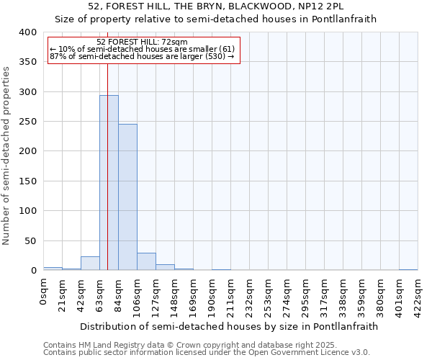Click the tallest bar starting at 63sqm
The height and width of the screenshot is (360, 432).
click(x=109, y=183)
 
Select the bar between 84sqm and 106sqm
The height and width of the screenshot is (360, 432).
click(x=127, y=197)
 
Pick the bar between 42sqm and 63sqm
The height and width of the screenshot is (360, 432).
click(x=90, y=264)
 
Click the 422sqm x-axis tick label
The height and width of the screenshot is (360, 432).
click(x=418, y=296)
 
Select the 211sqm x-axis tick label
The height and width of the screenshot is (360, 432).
click(x=231, y=296)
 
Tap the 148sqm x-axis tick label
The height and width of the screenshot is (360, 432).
click(x=175, y=296)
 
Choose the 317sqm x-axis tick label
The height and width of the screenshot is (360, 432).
click(x=325, y=296)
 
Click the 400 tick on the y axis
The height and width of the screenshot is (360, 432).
click(x=27, y=32)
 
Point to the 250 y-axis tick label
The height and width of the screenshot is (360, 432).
click(x=27, y=122)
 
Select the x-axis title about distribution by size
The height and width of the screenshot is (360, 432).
click(x=229, y=326)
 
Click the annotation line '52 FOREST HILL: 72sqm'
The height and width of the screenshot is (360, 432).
click(x=142, y=42)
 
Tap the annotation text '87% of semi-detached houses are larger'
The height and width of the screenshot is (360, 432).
click(x=142, y=56)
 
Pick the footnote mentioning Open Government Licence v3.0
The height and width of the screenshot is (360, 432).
click(x=207, y=352)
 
